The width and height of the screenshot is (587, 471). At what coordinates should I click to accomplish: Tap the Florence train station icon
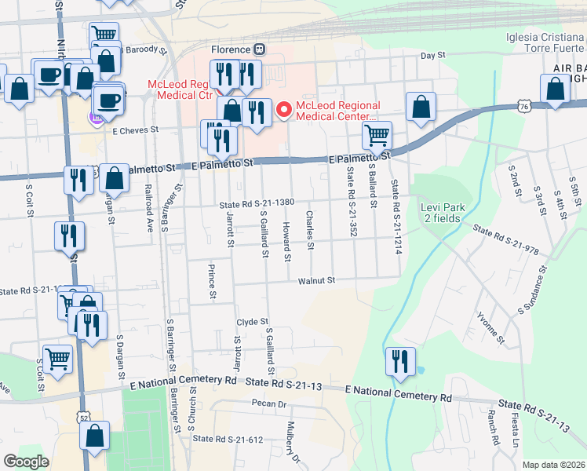click(x=259, y=49)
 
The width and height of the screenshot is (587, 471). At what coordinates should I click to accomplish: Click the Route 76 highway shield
click(x=523, y=105)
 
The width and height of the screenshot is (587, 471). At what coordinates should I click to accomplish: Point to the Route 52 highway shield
click(x=83, y=418)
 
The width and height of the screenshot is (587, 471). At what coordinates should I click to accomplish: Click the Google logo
click(x=27, y=462)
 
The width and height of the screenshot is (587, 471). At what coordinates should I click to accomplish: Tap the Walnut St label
click(x=315, y=279)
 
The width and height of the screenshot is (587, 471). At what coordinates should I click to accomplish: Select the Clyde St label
click(x=253, y=322)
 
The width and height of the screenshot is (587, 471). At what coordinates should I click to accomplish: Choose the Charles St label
click(x=311, y=231)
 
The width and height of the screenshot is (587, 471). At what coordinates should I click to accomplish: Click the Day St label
click(x=432, y=56)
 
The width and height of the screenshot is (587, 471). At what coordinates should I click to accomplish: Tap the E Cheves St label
click(x=135, y=130)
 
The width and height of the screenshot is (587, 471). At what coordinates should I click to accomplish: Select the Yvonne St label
click(x=491, y=328)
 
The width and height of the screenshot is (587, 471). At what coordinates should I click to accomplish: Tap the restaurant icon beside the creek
click(x=400, y=362)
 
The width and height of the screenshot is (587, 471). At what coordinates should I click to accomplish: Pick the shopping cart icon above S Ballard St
click(x=377, y=135)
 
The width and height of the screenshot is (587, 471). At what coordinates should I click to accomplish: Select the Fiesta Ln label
click(x=516, y=432)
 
